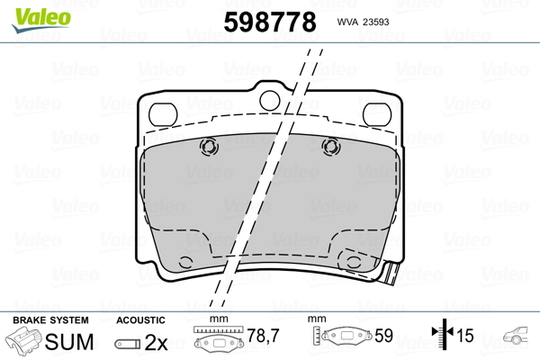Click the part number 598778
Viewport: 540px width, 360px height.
point(270,22)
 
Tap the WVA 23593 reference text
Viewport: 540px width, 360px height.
point(363,22)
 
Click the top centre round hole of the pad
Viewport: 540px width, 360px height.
point(270,100)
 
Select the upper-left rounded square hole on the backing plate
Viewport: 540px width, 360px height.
point(163,114)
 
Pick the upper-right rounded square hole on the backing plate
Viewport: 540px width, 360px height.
point(377,114)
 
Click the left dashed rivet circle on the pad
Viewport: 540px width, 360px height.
point(209,147)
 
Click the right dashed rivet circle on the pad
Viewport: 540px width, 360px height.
point(331,147)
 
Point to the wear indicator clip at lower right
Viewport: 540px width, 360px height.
point(390,274)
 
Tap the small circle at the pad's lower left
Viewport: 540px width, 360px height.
point(185,263)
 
